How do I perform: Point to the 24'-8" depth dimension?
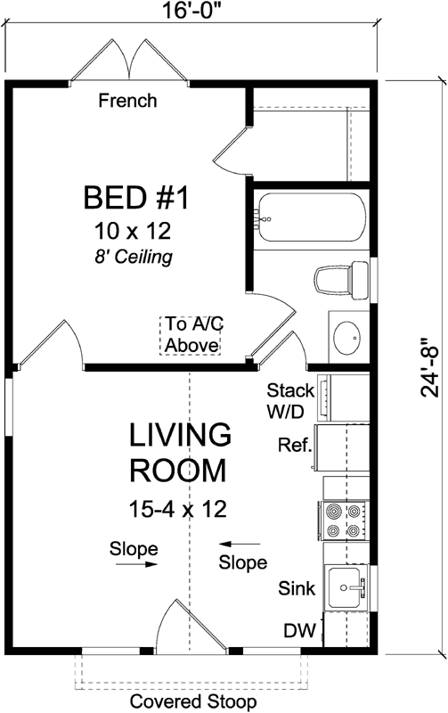[x=430, y=367]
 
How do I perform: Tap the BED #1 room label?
[x=136, y=198]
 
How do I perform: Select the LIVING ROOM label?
[x=181, y=453]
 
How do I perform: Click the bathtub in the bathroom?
[x=313, y=217]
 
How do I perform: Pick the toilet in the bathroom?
[x=341, y=280]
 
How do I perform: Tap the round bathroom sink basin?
[x=346, y=338]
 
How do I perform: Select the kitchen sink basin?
[x=347, y=587]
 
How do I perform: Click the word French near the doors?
[x=127, y=101]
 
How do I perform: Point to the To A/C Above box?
[x=190, y=336]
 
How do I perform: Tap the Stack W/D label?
[x=290, y=400]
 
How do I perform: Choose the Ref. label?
[x=296, y=445]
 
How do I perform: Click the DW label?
[x=299, y=631]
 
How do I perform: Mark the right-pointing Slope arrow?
[x=137, y=564]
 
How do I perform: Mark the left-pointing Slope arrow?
[x=240, y=544]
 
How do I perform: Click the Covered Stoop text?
[x=193, y=701]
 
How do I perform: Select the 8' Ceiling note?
[x=134, y=258]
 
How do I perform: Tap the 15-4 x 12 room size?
[x=178, y=509]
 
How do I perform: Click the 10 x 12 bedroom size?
[x=133, y=231]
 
